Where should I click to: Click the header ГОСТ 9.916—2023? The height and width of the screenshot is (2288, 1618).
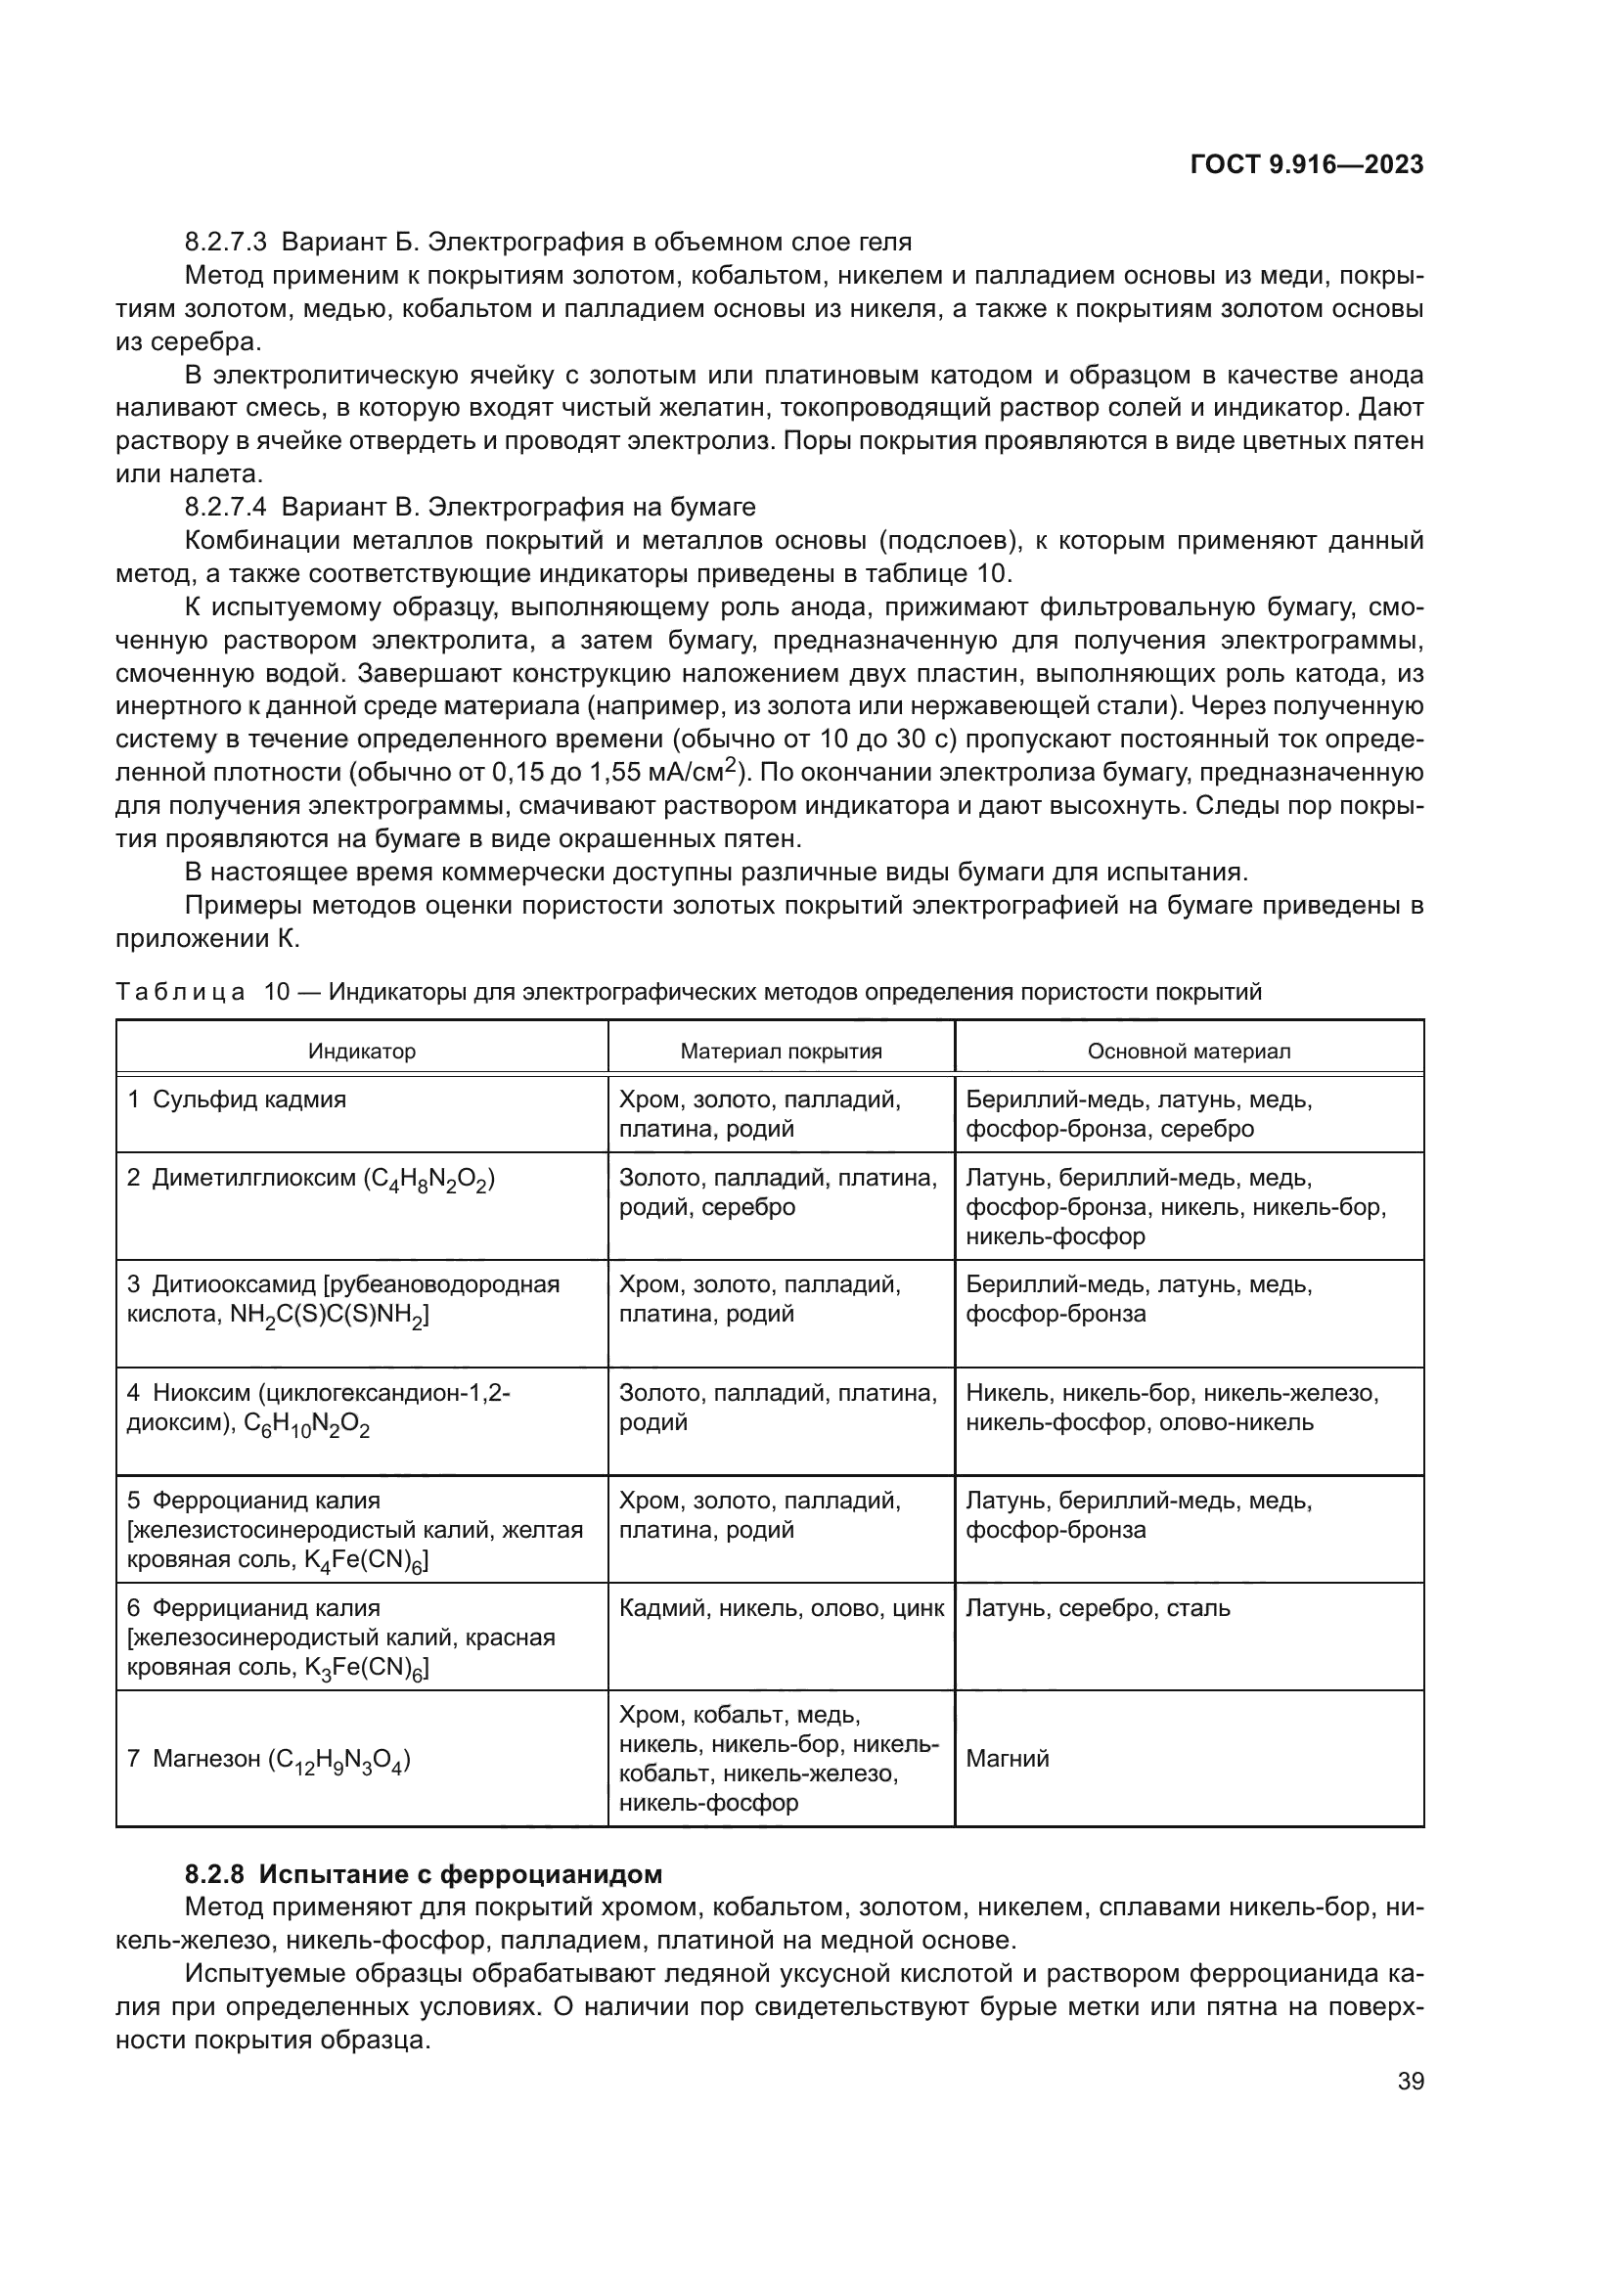(x=1306, y=165)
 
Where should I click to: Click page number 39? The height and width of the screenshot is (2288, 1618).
(x=1410, y=2081)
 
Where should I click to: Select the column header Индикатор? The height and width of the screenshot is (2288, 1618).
(x=362, y=1052)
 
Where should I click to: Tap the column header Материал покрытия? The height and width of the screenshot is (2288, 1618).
(x=781, y=1052)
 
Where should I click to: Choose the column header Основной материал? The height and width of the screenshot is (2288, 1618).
(x=1189, y=1052)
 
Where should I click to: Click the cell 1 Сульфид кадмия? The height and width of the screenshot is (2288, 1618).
(x=237, y=1100)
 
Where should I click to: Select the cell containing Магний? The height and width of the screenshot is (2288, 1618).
(x=1008, y=1759)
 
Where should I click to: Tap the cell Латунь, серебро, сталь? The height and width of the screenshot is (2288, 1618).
(x=1098, y=1607)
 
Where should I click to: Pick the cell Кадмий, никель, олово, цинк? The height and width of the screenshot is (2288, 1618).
(x=781, y=1607)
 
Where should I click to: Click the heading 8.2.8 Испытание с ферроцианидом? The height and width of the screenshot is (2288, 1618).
(x=424, y=1874)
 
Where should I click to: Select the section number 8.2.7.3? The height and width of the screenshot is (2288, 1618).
(x=225, y=243)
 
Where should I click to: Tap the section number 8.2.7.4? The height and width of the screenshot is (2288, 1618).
(x=225, y=508)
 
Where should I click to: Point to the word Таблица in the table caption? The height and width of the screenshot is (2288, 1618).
(x=180, y=993)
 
